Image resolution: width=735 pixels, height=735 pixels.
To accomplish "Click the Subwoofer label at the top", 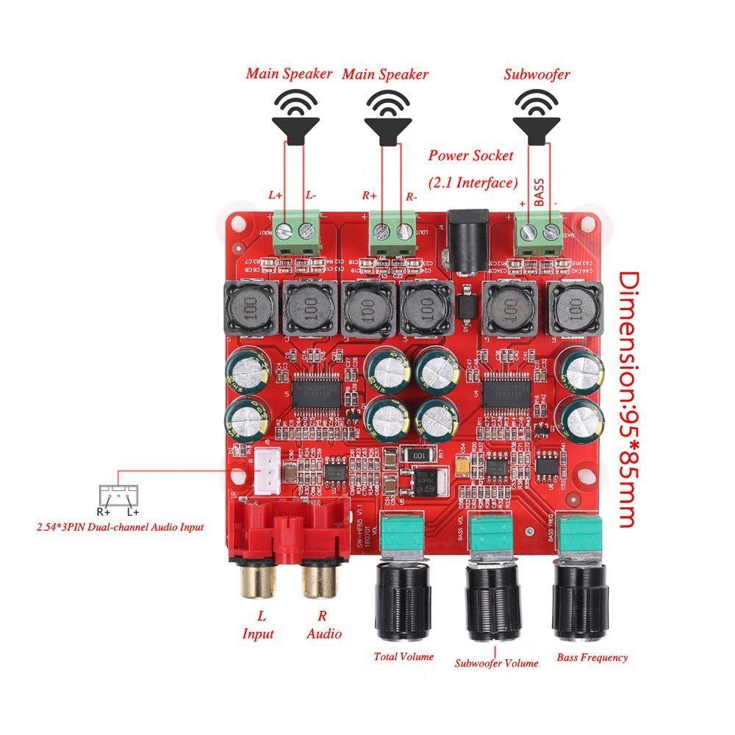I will [x=537, y=74].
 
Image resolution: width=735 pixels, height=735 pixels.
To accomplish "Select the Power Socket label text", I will [x=470, y=156].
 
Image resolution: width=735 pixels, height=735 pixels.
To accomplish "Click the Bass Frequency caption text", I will [x=592, y=657].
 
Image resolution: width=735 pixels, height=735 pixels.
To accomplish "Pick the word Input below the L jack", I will [x=257, y=634].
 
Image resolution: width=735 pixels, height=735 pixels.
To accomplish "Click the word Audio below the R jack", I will [x=323, y=634].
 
